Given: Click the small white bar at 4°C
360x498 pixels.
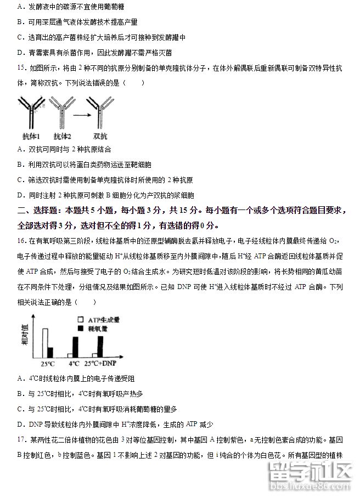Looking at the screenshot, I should (x=70, y=355).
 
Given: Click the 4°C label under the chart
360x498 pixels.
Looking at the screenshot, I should (x=74, y=364).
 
